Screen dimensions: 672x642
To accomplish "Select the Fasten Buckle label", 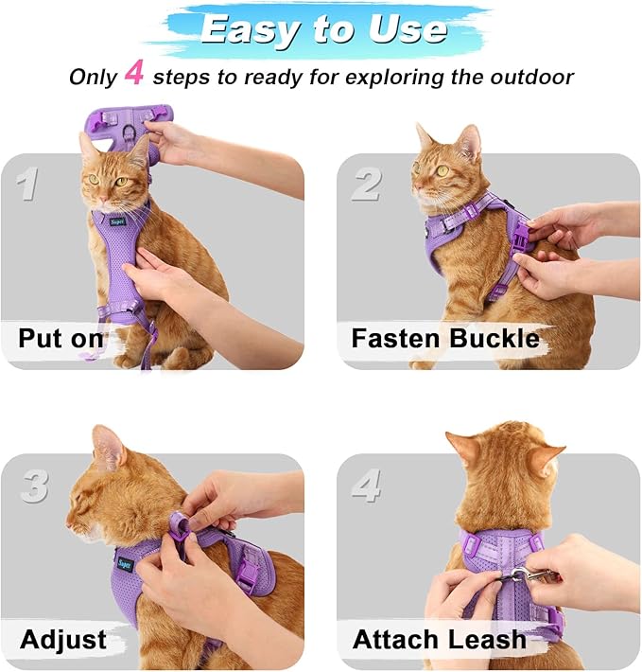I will point(445,338).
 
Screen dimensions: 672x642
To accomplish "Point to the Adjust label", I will point(64,639).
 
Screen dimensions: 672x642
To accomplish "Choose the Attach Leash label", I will point(439,639).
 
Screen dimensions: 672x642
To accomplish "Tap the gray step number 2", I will point(366,184).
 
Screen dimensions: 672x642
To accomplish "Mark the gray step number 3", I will point(34,485).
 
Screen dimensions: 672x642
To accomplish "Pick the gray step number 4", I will point(366,486).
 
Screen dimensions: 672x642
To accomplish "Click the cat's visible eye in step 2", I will point(442,170).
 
